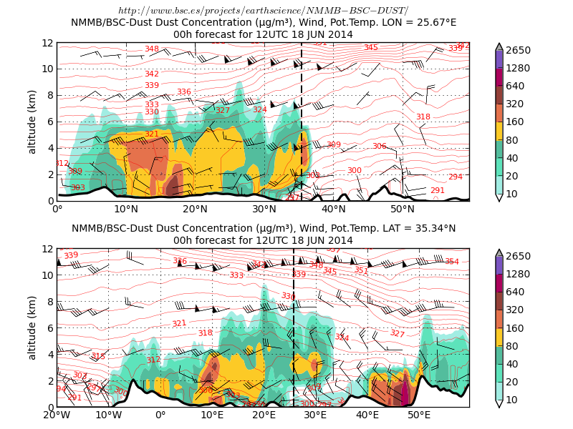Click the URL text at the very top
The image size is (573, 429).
(263, 10)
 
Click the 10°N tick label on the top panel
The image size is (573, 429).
(126, 209)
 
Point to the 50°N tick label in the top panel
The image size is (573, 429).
(403, 209)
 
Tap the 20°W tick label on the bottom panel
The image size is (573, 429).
(57, 415)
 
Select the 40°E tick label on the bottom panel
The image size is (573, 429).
(367, 415)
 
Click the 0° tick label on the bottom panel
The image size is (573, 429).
(160, 415)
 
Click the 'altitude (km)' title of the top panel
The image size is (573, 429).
(32, 122)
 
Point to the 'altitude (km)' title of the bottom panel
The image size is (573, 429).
(32, 327)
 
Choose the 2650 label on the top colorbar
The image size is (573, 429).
(518, 50)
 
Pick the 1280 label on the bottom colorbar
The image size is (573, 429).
(518, 274)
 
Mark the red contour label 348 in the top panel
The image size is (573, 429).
(152, 49)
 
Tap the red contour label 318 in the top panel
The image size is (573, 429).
(423, 117)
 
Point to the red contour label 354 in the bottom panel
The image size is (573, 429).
(451, 262)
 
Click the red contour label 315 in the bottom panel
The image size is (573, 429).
(97, 356)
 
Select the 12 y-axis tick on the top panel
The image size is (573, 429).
(48, 43)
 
